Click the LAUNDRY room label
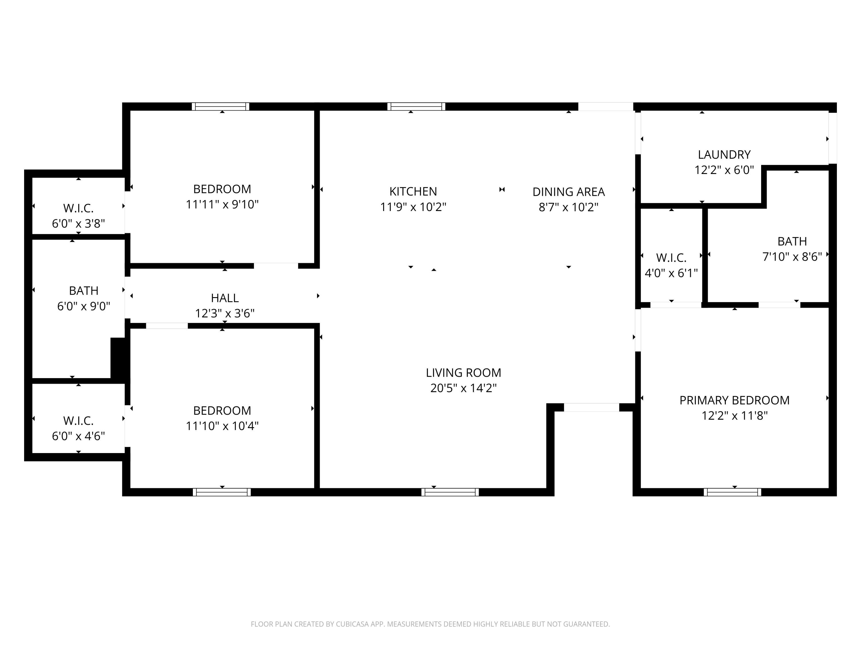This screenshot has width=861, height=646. tap(724, 154)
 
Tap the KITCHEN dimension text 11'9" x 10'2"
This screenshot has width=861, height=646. tap(413, 207)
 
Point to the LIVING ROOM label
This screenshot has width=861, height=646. tap(463, 373)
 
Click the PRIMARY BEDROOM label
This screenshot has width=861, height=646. tap(734, 400)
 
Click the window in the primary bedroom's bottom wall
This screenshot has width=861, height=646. tap(732, 492)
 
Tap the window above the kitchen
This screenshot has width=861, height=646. tap(416, 106)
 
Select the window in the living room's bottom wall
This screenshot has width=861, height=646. tap(450, 492)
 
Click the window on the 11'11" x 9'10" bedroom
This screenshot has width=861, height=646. tap(221, 106)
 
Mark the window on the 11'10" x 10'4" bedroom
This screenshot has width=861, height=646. tap(222, 492)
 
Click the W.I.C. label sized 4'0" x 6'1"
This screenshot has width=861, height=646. tap(671, 258)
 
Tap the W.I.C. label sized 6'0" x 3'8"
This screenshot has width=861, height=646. tap(78, 208)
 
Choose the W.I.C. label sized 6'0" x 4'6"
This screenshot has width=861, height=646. tap(78, 421)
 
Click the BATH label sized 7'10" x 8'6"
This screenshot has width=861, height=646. tap(792, 241)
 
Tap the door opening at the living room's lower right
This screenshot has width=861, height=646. tap(591, 407)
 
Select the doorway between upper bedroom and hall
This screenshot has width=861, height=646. tap(276, 266)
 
